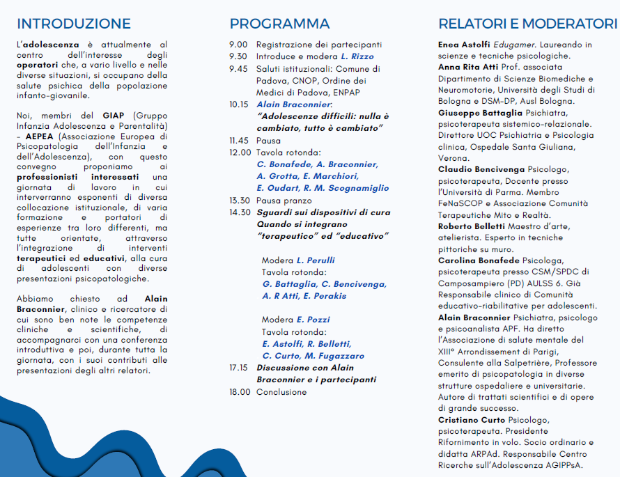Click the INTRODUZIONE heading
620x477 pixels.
click(x=73, y=24)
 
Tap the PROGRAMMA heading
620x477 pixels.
click(x=279, y=24)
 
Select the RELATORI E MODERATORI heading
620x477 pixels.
click(x=528, y=24)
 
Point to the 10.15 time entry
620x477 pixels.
click(x=240, y=104)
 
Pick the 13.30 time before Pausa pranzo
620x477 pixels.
click(x=240, y=201)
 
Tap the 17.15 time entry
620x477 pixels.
click(x=240, y=368)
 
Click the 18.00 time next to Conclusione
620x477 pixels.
click(x=240, y=392)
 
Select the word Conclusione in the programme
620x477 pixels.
click(x=281, y=392)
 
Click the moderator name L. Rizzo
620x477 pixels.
click(x=357, y=56)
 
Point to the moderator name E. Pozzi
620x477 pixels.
click(x=307, y=320)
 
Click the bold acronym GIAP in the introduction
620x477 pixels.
click(x=113, y=115)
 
